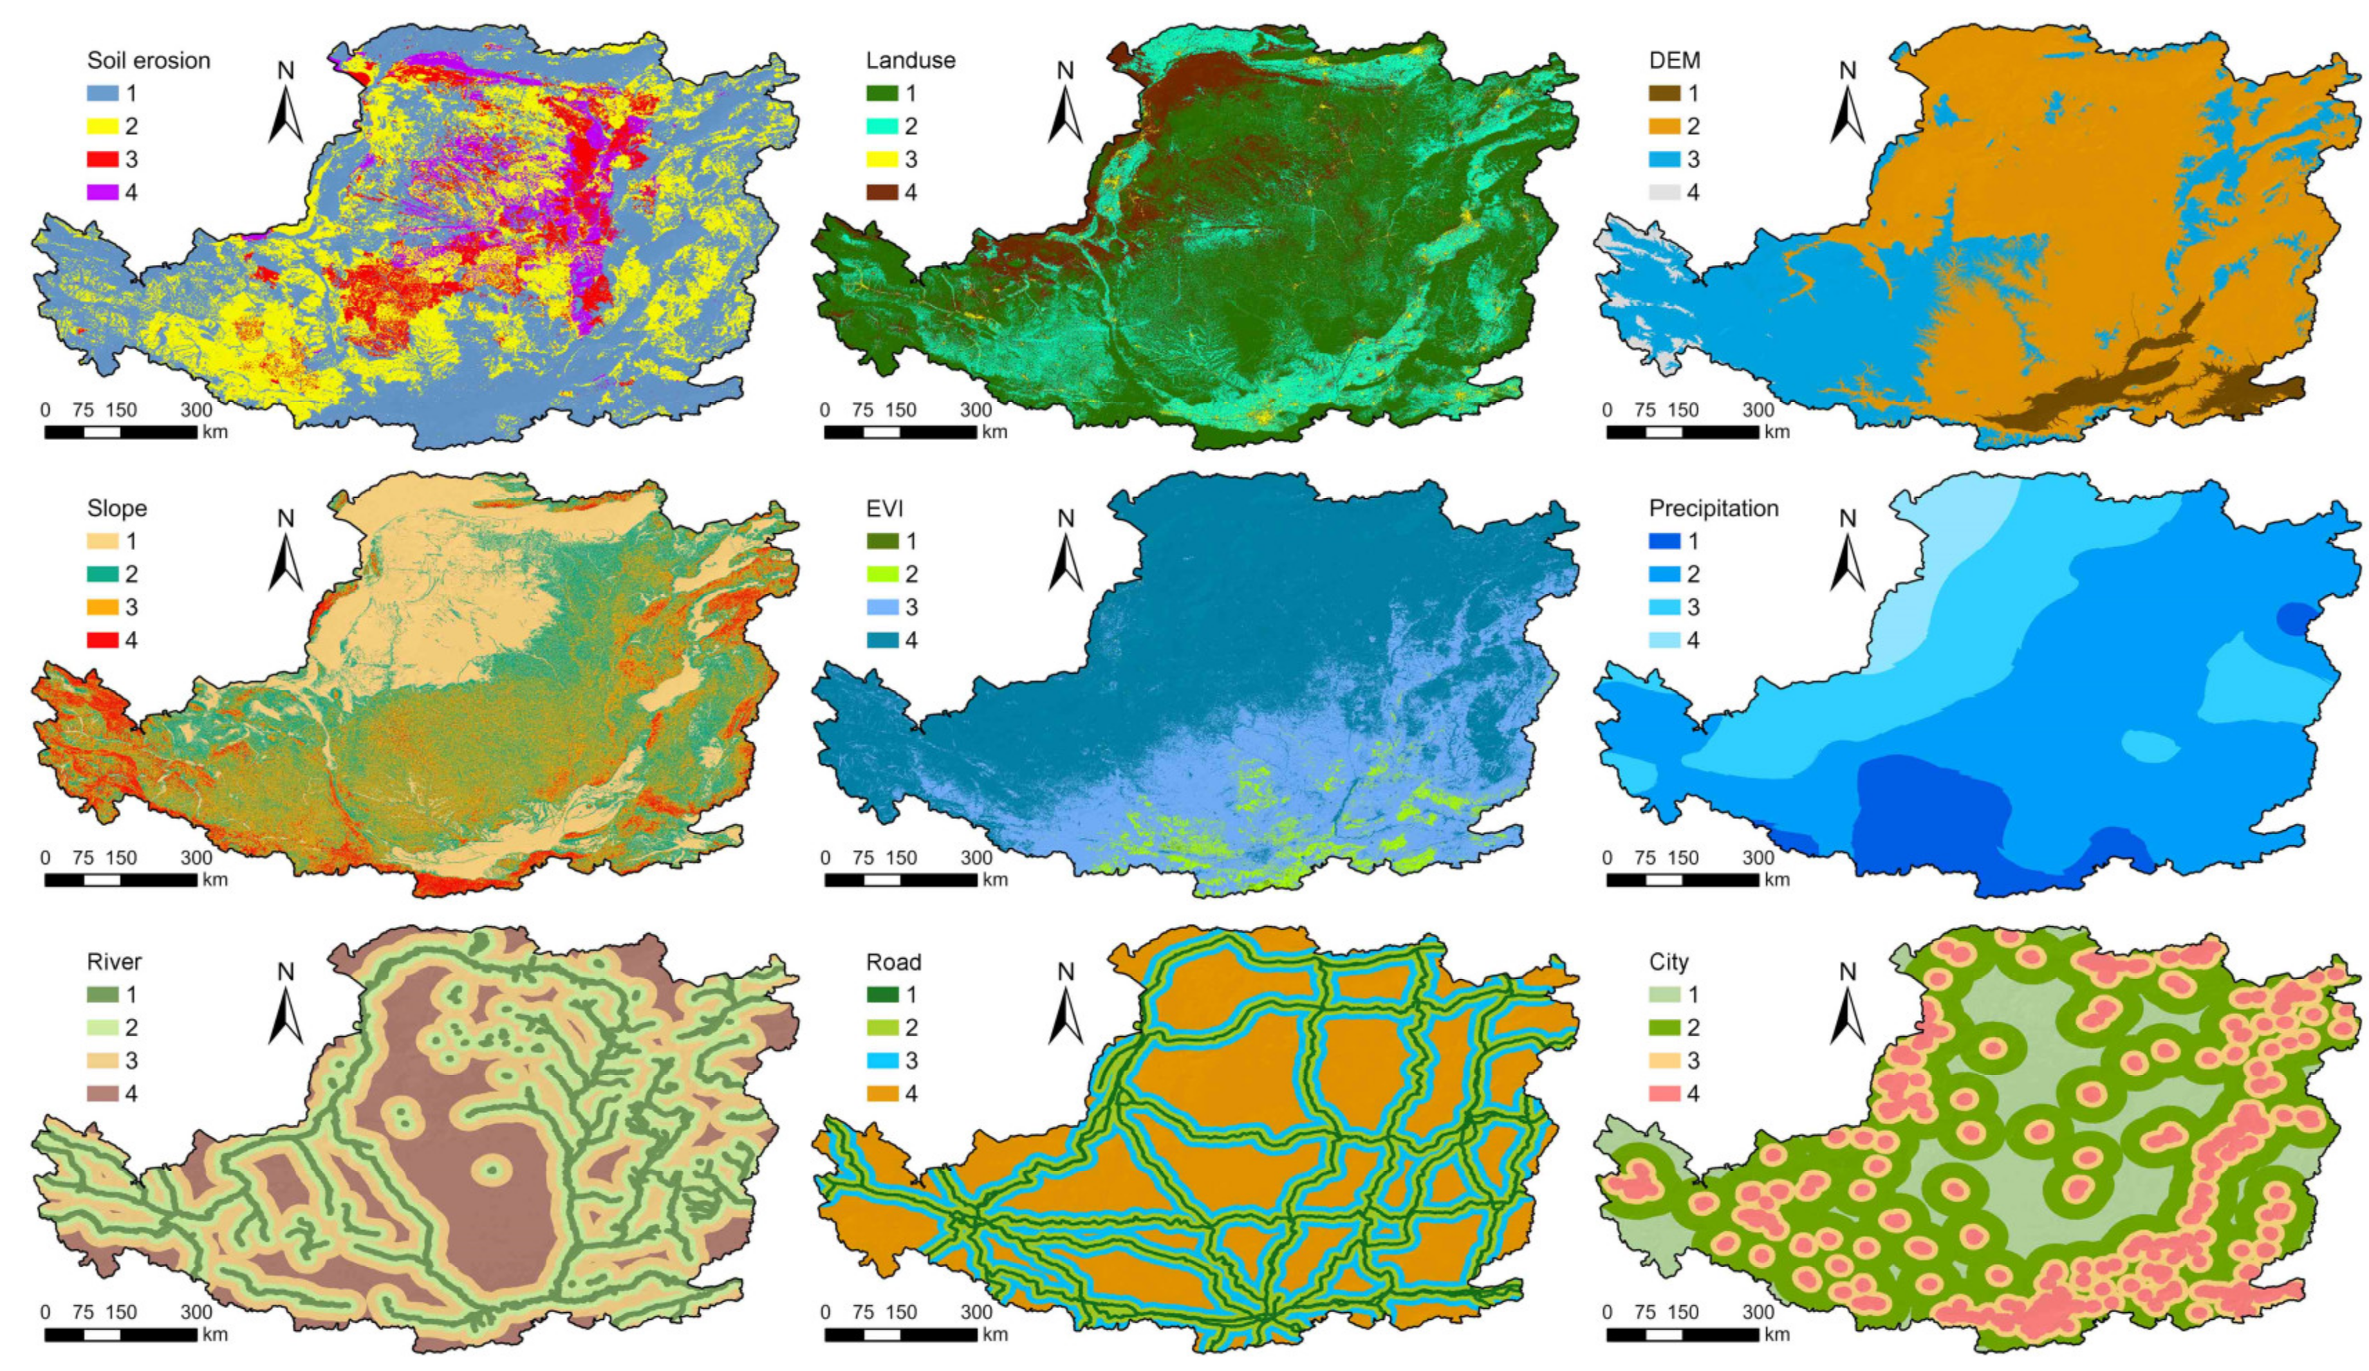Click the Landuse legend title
[x=909, y=61]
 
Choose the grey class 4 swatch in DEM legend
[x=1665, y=192]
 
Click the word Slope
[x=117, y=508]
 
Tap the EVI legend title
[x=884, y=508]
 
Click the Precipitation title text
[x=1713, y=508]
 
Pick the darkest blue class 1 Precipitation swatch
[x=1665, y=542]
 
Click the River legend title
[x=114, y=962]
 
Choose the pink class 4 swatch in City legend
[x=1665, y=1094]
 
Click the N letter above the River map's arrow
[x=286, y=971]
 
